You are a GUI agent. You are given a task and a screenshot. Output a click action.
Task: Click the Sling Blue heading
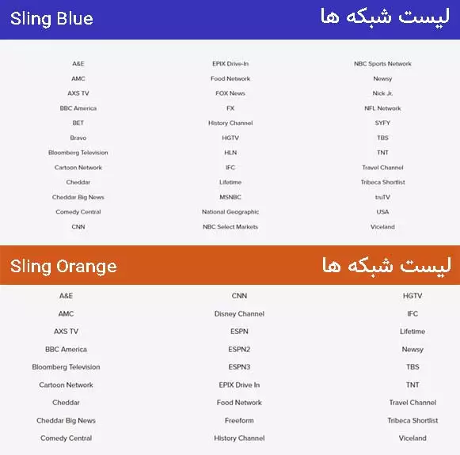[51, 19]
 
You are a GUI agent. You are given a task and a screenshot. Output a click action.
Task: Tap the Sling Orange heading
[63, 266]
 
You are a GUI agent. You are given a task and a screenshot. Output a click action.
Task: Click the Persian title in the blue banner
[385, 17]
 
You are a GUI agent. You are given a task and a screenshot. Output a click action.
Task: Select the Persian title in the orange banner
[386, 265]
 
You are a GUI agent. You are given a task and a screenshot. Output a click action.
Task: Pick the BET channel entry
[78, 123]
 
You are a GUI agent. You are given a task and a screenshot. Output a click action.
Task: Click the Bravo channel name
[78, 138]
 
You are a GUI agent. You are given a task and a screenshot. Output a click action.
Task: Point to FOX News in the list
[230, 93]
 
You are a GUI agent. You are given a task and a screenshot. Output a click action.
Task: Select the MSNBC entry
[230, 197]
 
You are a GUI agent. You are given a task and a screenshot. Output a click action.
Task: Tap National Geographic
[230, 212]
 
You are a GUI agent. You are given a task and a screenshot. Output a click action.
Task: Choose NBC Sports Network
[382, 64]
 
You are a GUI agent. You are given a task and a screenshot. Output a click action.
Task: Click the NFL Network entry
[382, 108]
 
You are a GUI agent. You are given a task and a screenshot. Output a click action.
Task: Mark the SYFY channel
[382, 123]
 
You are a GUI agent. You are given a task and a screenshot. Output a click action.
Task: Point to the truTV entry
[382, 197]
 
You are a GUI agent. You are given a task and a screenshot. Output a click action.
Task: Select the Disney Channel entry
[239, 314]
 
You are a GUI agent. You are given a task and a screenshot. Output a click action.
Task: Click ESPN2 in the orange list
[239, 349]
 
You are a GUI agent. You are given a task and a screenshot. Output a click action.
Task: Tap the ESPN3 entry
[239, 367]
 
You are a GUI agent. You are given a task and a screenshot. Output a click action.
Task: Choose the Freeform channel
[239, 420]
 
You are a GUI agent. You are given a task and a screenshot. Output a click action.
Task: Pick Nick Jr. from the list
[382, 93]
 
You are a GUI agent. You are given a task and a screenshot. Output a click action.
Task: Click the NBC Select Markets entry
[230, 227]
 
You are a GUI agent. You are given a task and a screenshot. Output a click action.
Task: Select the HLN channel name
[230, 153]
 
